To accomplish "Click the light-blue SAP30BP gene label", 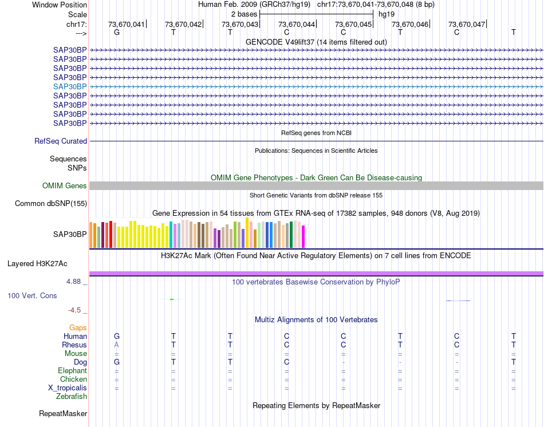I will point(70,86).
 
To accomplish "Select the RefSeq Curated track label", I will point(61,141).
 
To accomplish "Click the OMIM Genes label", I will point(65,186).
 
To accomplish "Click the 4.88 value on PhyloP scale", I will point(74,282).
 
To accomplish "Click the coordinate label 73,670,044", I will point(297,24).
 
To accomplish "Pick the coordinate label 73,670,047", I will point(467,24).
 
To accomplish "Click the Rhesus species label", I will point(74,345).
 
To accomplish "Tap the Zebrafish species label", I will point(72,396).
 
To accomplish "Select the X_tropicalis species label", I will point(68,388).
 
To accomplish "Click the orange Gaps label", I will point(78,327).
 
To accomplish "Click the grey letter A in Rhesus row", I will point(117,345).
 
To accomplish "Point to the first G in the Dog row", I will point(117,362).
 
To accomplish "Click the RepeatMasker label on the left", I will point(63,413).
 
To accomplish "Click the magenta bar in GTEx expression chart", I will point(303,237).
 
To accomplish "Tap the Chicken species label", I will point(74,379).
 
